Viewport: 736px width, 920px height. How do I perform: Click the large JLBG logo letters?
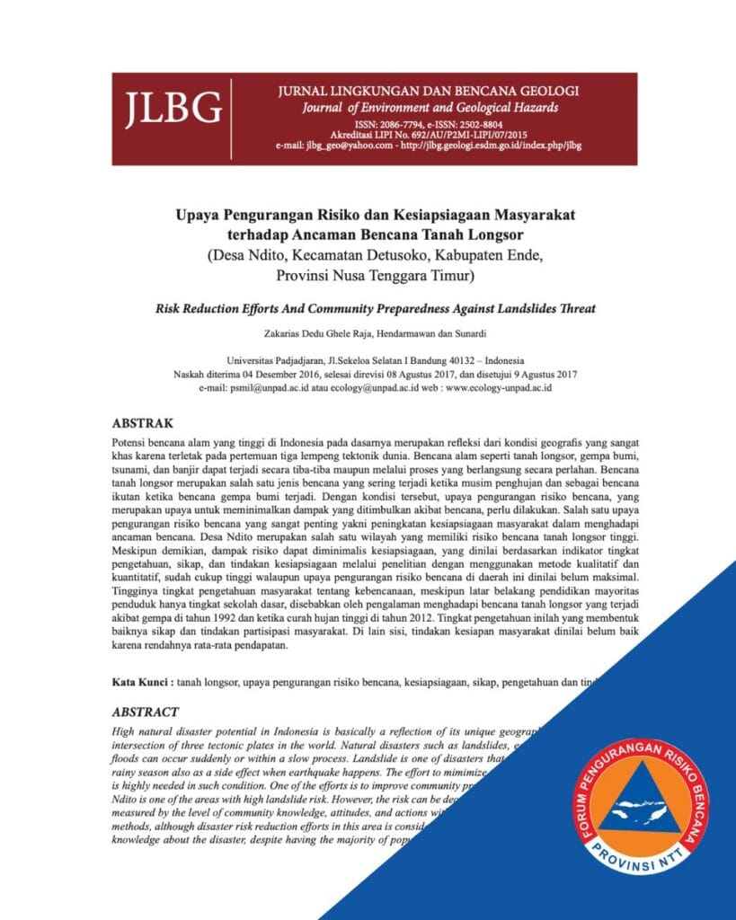(173, 108)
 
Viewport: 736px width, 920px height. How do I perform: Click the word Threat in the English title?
(576, 308)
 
